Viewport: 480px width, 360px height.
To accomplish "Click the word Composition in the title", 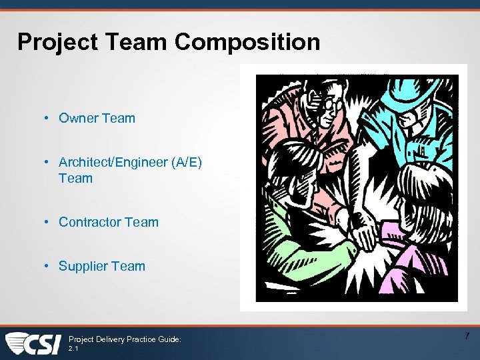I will pos(247,43).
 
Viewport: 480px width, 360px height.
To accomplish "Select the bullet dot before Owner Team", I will pos(48,118).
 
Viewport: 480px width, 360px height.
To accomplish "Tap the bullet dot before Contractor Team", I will pos(48,222).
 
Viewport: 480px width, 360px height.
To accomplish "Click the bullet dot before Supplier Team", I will pos(48,266).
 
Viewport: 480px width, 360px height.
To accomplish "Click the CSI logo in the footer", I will pos(33,343).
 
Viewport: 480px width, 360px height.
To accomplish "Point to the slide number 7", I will pos(467,336).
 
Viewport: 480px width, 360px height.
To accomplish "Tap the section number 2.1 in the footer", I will pos(74,348).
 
